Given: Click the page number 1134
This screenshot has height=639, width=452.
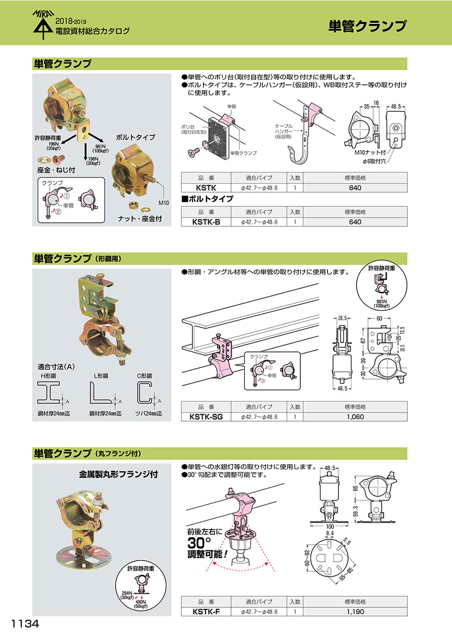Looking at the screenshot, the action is click(25, 624).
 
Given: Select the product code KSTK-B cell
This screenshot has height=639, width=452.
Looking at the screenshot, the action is click(206, 222).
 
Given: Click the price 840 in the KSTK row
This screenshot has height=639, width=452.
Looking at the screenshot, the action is click(355, 188).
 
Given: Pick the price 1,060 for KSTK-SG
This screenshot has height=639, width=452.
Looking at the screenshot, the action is click(355, 417).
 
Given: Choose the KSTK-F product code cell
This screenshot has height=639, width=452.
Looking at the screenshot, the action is click(206, 611).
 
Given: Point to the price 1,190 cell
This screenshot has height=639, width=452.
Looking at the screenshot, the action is click(355, 611).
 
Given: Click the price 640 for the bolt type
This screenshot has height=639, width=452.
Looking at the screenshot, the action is click(355, 222).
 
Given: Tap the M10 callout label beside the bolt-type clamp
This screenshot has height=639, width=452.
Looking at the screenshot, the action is click(164, 203).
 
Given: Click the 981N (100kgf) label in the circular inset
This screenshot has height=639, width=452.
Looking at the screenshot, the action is click(382, 304).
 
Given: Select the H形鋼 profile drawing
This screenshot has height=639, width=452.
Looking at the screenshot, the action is click(49, 393).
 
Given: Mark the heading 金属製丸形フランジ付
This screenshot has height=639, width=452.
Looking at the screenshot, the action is click(118, 474).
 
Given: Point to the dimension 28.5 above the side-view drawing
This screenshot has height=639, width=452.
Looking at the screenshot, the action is click(342, 318).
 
